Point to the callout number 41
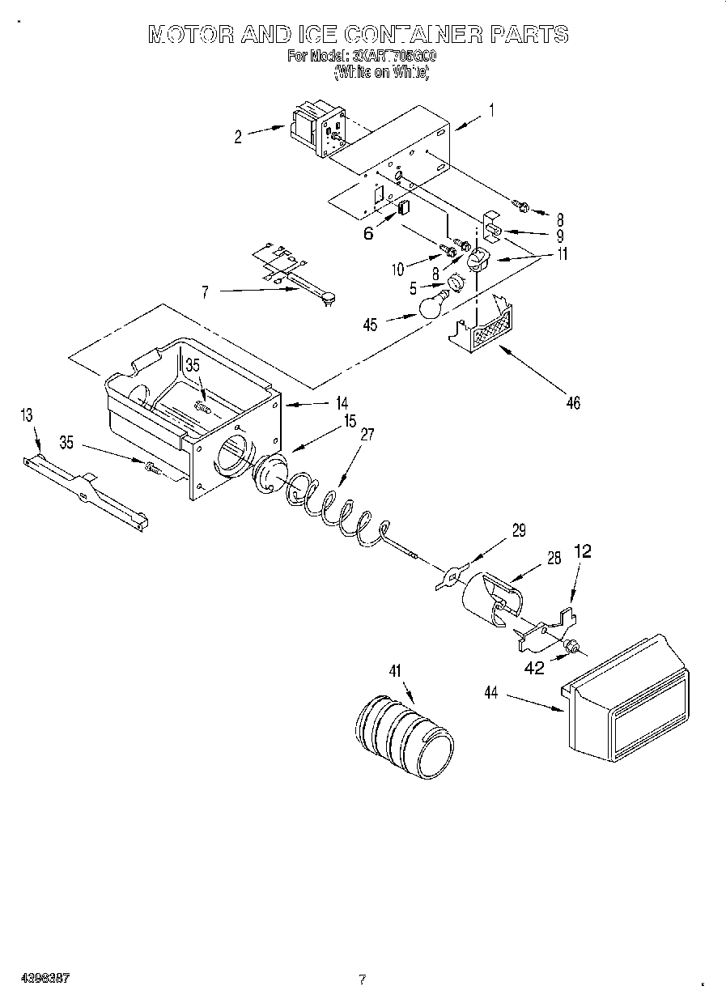tap(394, 671)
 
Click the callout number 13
tap(28, 415)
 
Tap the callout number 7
tap(206, 293)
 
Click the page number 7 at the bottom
tap(363, 980)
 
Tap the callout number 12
tap(583, 551)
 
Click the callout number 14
tap(342, 402)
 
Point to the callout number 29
tap(517, 531)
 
